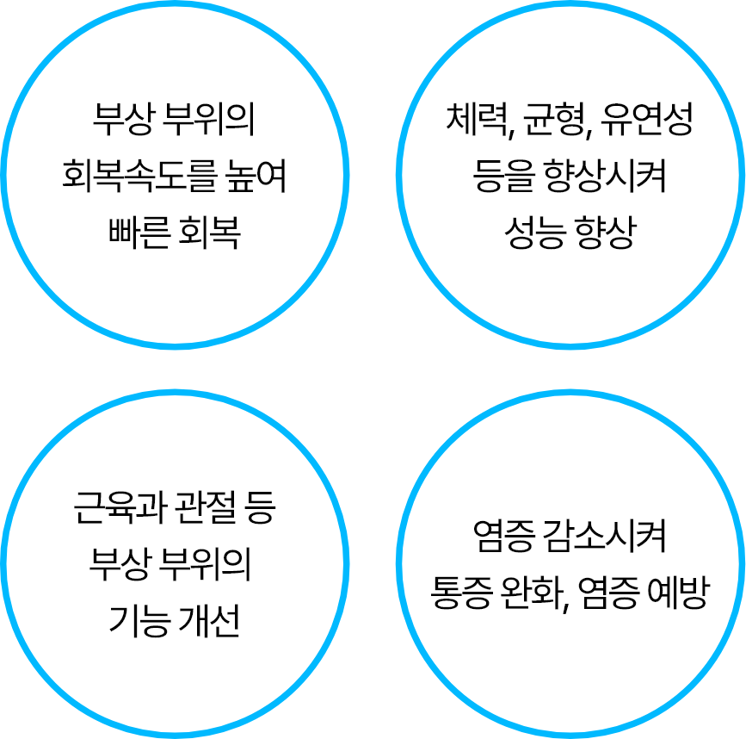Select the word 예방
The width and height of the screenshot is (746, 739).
tap(678, 593)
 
